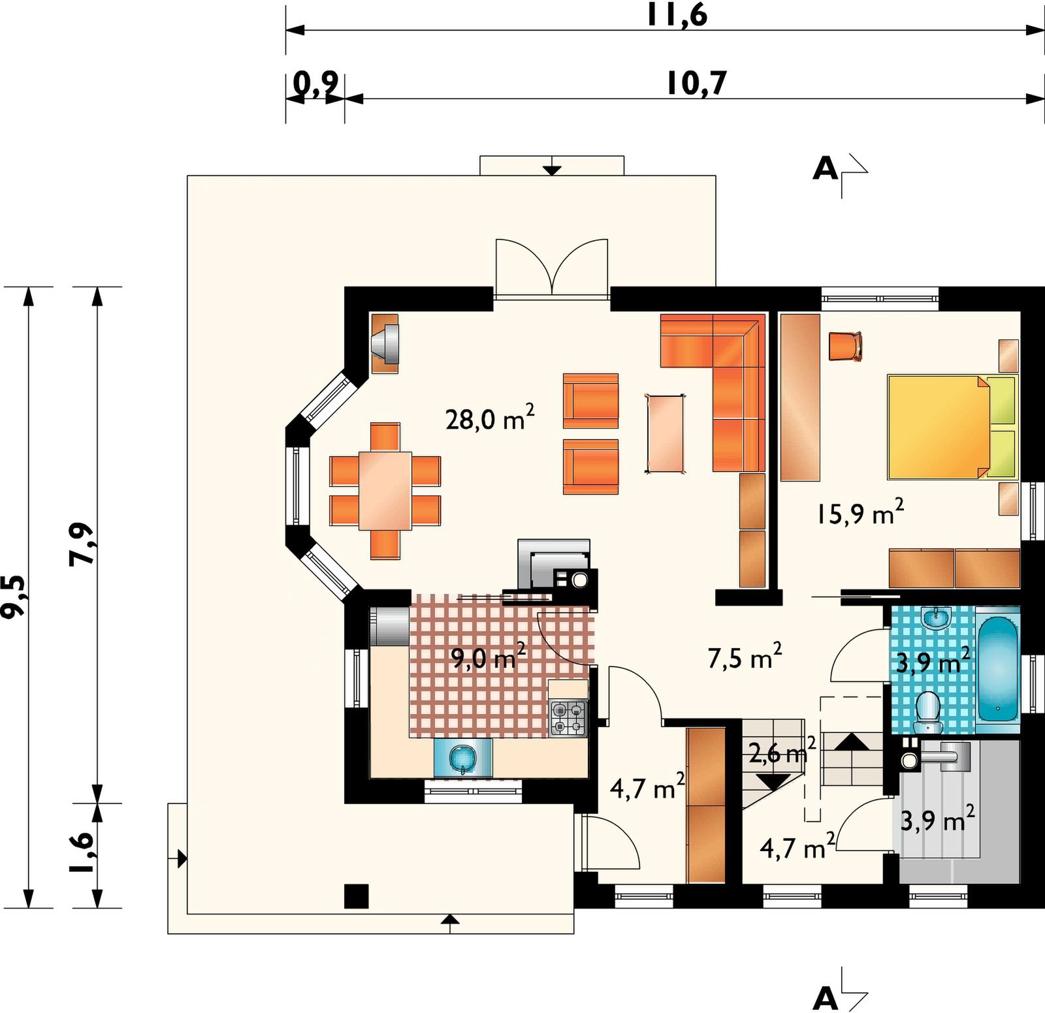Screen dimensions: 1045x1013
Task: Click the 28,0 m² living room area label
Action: pos(490,418)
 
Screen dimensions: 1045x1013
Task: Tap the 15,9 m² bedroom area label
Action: pos(860,512)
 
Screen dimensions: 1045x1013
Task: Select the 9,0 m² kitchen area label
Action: pos(489,657)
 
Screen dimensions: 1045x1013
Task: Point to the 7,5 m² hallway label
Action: pos(745,657)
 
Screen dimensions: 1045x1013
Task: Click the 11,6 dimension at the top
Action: pos(677,14)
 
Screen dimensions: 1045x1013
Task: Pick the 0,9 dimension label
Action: pos(315,84)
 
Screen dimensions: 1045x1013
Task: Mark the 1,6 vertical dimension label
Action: pos(82,852)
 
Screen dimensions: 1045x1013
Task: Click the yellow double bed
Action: pos(952,427)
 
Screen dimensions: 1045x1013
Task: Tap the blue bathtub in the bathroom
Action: pos(997,669)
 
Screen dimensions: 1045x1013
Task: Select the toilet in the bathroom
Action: pos(927,713)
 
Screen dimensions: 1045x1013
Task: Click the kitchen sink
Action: pos(463,758)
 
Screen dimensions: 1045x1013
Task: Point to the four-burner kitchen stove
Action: pos(568,718)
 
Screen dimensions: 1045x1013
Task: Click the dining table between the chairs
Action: pos(385,490)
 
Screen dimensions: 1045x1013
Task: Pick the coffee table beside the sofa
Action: pos(665,433)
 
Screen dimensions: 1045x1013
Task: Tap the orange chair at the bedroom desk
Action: pos(845,347)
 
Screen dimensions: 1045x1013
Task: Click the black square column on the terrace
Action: pos(357,896)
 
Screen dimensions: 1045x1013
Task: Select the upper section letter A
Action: pos(825,168)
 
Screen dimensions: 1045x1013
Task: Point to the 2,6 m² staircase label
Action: pos(782,751)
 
